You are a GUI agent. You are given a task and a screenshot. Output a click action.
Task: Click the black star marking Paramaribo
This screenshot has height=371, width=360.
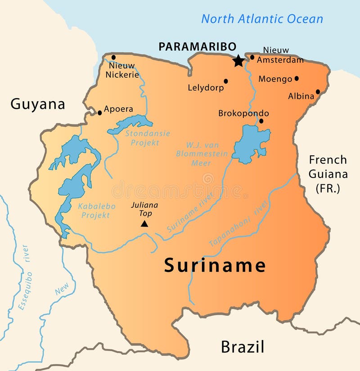click(x=238, y=61)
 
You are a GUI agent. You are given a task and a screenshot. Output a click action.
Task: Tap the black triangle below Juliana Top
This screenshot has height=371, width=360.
click(x=144, y=223)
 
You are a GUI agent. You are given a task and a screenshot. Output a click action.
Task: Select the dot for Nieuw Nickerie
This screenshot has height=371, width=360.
click(x=113, y=57)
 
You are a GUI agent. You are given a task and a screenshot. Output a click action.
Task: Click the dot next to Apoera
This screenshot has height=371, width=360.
click(x=99, y=112)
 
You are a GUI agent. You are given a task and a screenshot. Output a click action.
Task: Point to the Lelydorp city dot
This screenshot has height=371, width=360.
click(x=226, y=81)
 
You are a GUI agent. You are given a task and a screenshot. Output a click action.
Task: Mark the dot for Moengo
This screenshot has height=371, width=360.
click(x=297, y=78)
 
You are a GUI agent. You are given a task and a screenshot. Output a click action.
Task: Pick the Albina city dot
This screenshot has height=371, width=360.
click(x=318, y=92)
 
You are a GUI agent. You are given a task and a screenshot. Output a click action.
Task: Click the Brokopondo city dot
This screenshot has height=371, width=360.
click(x=261, y=121)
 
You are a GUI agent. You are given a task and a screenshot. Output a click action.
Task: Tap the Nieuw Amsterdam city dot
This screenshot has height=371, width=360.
click(x=252, y=57)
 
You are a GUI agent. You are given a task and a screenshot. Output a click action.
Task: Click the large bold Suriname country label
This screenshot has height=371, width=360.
click(x=215, y=265)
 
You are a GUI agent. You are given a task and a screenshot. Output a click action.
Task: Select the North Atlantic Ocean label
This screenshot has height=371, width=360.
click(x=262, y=19)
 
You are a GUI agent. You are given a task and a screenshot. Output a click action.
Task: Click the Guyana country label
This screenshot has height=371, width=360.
click(x=38, y=104)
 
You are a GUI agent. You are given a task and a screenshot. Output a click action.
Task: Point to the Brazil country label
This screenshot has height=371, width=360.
click(x=242, y=347)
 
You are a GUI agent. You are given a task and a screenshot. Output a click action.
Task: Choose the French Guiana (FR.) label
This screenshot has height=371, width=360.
click(x=328, y=174)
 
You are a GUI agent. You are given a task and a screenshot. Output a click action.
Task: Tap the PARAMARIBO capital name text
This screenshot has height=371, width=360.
click(x=197, y=47)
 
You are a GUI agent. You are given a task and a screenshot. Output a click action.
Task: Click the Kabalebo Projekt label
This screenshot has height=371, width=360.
click(x=97, y=210)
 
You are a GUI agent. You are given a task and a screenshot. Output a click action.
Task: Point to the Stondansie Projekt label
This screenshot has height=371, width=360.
click(x=141, y=138)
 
